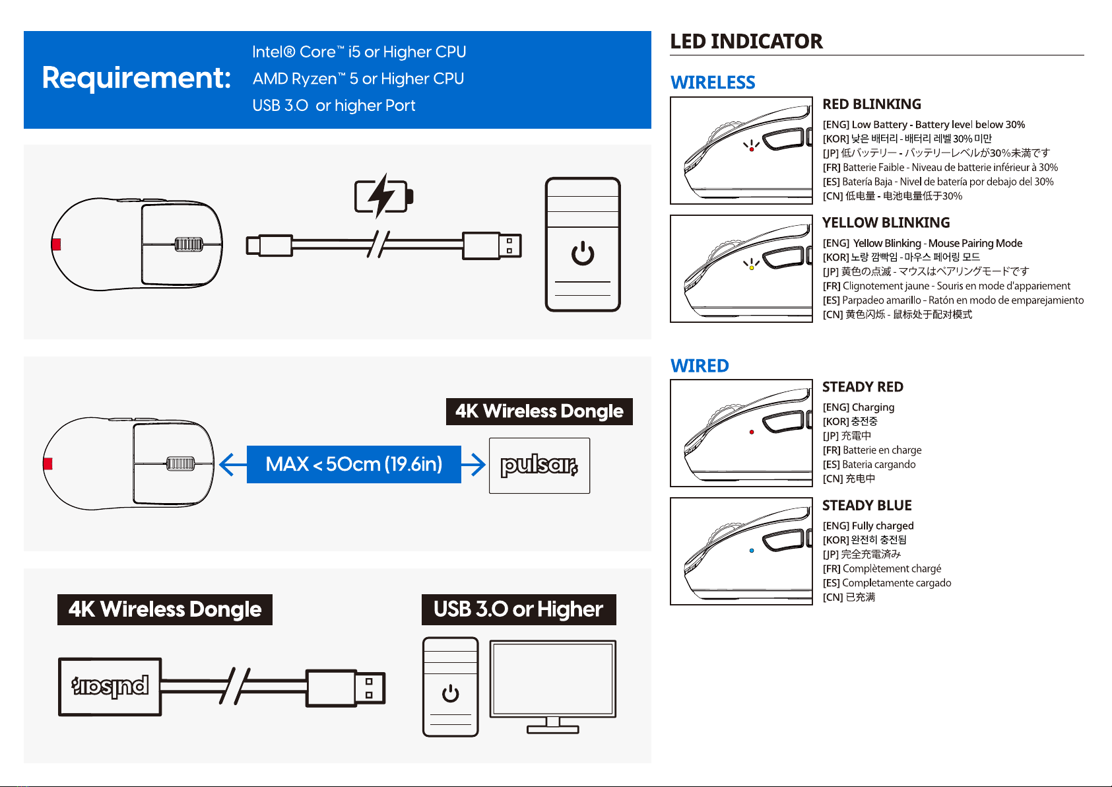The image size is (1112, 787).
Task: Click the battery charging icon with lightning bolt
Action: (x=383, y=196)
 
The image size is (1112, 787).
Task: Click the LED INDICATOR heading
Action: (x=746, y=42)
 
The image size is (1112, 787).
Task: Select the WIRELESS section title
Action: (x=713, y=83)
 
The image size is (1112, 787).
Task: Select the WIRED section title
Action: (x=700, y=366)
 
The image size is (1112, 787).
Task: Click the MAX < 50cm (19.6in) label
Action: (x=354, y=464)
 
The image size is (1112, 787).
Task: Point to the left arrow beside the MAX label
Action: (x=232, y=464)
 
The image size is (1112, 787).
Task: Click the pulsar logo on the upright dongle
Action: (x=539, y=465)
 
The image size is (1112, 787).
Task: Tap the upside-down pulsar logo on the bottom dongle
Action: (x=110, y=687)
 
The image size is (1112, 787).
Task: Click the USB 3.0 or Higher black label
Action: (x=519, y=609)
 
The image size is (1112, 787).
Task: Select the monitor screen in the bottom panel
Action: (x=552, y=679)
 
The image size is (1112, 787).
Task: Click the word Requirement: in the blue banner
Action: (x=137, y=78)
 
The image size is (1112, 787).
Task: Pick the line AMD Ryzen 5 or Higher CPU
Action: (x=358, y=79)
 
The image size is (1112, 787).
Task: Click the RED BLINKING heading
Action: (x=872, y=104)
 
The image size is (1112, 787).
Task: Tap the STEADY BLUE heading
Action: (x=867, y=506)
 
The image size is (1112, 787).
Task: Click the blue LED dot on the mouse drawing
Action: (x=752, y=551)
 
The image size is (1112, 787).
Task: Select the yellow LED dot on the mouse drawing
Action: (x=752, y=268)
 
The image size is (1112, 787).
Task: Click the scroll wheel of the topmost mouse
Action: (x=188, y=244)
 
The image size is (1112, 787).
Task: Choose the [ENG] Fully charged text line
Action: (x=868, y=526)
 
